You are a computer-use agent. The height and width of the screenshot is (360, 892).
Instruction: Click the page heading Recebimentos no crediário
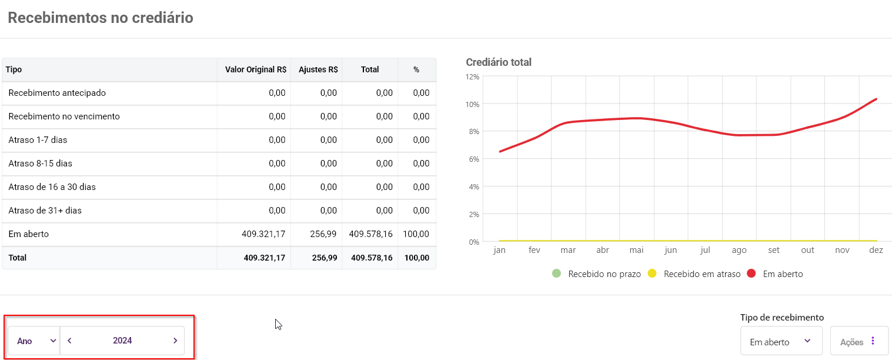click(x=101, y=18)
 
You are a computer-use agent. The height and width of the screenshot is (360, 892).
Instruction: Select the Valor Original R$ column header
click(x=255, y=69)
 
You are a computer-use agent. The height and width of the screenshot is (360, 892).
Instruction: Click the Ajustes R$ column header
click(x=318, y=69)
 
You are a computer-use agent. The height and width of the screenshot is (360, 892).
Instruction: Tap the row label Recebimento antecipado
click(x=57, y=93)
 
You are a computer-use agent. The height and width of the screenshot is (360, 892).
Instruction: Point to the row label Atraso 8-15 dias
click(x=41, y=164)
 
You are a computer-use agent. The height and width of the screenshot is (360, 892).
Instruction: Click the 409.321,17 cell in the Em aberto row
click(x=263, y=234)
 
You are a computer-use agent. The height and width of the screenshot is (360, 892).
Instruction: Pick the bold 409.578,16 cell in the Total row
click(x=370, y=258)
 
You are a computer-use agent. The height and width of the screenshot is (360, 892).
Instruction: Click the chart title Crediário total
click(x=499, y=62)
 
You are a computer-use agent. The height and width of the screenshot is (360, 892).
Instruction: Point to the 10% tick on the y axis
click(x=472, y=104)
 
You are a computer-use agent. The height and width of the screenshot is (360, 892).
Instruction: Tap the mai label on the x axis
click(x=636, y=250)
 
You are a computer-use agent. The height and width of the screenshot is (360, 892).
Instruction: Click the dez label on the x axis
click(x=876, y=250)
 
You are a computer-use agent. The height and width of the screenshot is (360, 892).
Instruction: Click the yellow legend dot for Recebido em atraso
click(x=652, y=274)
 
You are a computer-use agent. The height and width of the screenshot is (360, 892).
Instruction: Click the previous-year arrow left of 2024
click(x=70, y=341)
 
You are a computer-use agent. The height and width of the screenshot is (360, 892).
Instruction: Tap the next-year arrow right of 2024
click(x=175, y=341)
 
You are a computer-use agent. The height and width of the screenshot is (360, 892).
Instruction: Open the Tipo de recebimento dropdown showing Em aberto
click(x=781, y=342)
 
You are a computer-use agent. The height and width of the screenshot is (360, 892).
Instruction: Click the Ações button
click(x=858, y=342)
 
